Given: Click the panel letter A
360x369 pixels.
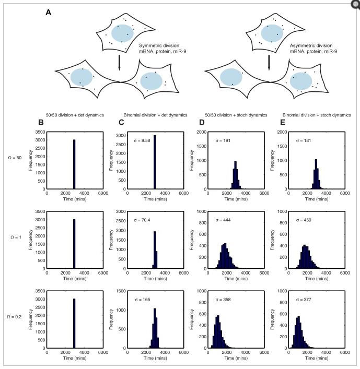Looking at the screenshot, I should (x=48, y=13).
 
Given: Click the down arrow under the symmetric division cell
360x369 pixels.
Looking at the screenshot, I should (x=120, y=62).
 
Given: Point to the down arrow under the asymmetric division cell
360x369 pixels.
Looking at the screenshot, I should (x=269, y=62).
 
